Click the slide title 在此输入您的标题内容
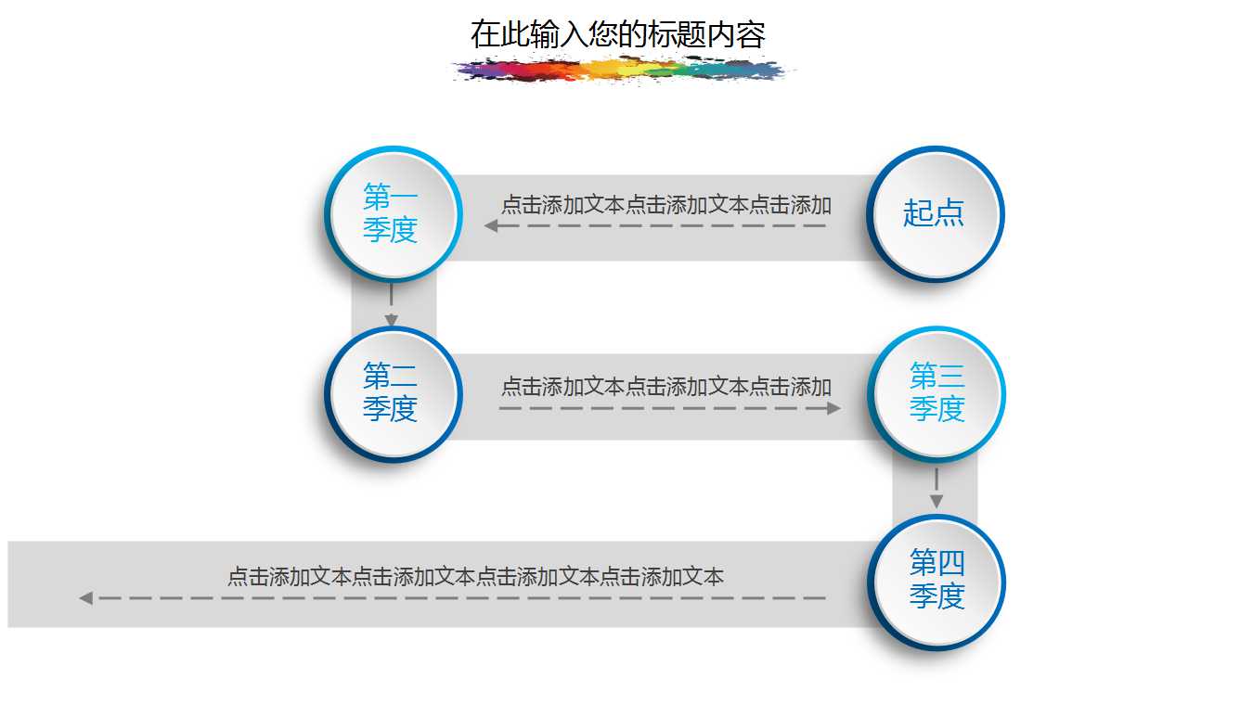(617, 35)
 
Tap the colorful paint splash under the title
(622, 70)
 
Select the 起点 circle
(935, 213)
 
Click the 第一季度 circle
(393, 213)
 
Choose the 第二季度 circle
(393, 393)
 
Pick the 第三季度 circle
(937, 393)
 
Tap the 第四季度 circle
(937, 582)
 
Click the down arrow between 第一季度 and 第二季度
(392, 318)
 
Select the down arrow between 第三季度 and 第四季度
(937, 500)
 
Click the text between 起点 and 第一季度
(665, 205)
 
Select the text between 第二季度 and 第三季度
(665, 386)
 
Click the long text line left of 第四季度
(475, 577)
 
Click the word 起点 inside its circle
(934, 213)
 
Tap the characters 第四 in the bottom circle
(937, 563)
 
